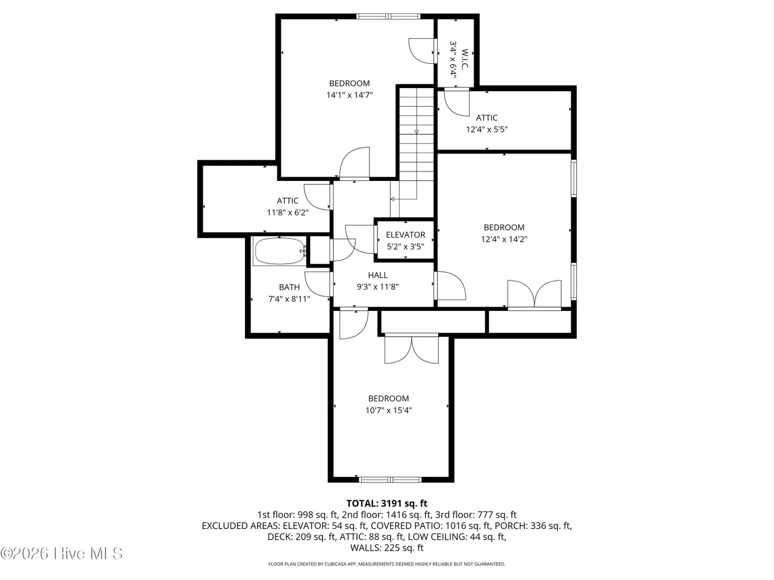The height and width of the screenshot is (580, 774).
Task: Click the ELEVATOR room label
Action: click(x=405, y=235)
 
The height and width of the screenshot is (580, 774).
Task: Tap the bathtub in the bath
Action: click(x=279, y=251)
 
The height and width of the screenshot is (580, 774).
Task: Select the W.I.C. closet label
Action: click(x=465, y=59)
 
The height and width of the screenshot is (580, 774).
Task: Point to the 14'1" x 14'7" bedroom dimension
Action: click(x=349, y=95)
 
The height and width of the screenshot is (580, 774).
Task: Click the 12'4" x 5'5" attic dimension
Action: click(x=486, y=129)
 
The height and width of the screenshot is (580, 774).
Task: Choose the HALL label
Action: click(x=378, y=275)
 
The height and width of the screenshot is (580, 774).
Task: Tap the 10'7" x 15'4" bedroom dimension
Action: click(x=388, y=410)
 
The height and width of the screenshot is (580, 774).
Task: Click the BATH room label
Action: click(x=289, y=287)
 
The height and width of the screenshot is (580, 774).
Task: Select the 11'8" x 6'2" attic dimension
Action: click(x=288, y=212)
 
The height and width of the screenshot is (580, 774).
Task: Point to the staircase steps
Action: click(x=417, y=134)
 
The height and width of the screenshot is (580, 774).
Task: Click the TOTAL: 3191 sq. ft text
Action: click(x=387, y=503)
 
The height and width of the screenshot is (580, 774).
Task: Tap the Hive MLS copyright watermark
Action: click(x=61, y=554)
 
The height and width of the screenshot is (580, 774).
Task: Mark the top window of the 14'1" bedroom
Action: click(x=388, y=16)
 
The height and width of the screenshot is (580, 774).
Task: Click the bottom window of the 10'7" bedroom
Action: click(x=390, y=479)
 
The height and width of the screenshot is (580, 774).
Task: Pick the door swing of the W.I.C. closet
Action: click(x=422, y=51)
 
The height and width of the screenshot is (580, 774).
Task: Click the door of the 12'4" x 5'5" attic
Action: click(x=457, y=102)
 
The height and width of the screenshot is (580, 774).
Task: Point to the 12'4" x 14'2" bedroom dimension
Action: click(x=504, y=239)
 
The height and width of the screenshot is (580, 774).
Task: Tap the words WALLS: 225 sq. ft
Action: click(x=387, y=548)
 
